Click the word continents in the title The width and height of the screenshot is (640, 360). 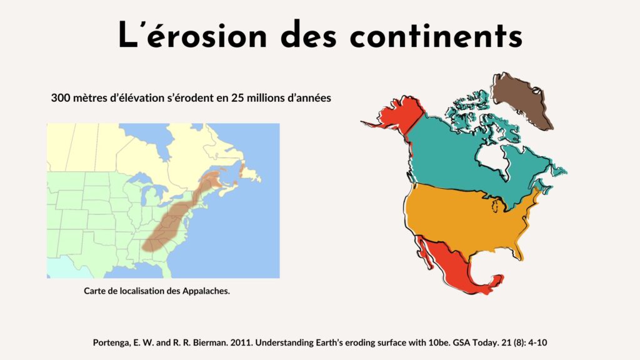(436, 35)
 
